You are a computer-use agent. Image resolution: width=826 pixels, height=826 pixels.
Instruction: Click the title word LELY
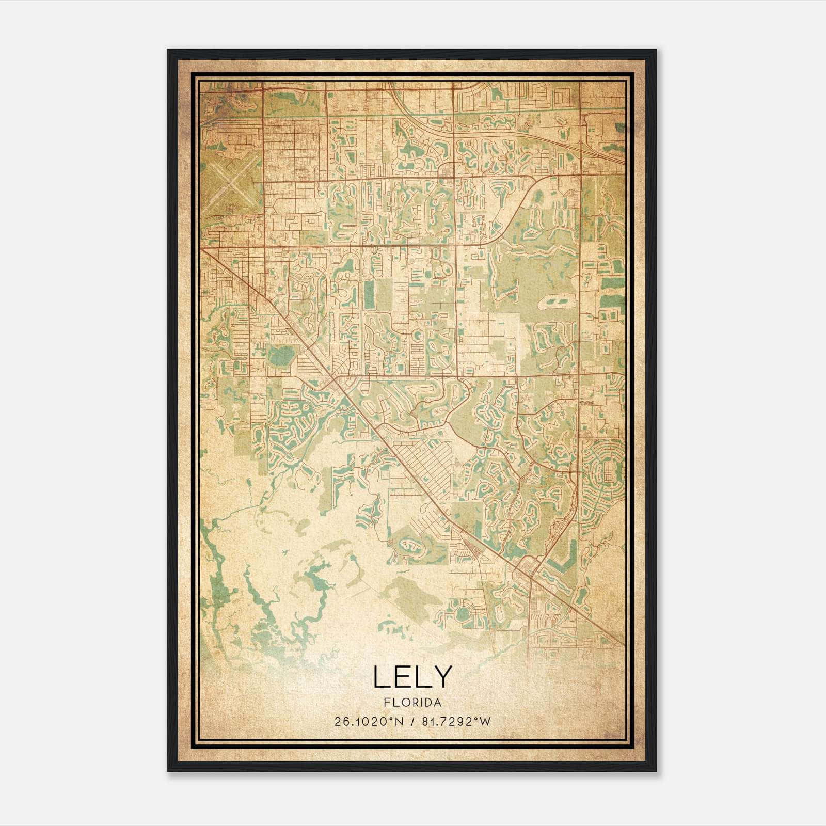point(412,677)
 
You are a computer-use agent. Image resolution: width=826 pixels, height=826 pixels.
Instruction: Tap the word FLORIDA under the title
point(412,703)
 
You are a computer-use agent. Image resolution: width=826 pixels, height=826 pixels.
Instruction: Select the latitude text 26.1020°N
point(368,722)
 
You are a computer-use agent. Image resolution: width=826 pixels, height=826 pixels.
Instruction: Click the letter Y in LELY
point(441,677)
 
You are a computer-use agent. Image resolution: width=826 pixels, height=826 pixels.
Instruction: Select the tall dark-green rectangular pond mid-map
point(369,295)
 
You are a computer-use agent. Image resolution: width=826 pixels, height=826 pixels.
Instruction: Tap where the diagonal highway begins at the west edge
point(202,250)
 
